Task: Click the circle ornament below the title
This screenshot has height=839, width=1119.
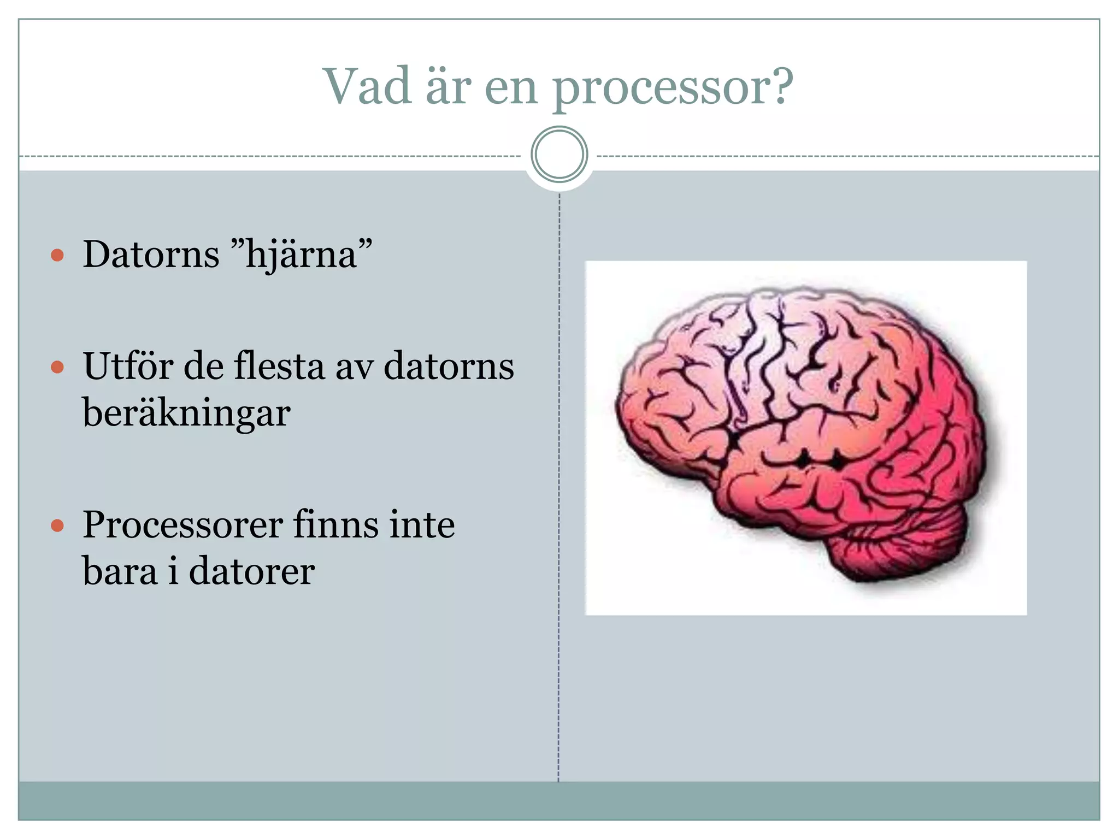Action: [x=559, y=155]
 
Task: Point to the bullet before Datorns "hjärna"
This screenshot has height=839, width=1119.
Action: [x=57, y=255]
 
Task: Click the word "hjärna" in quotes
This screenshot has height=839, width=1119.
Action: [x=302, y=255]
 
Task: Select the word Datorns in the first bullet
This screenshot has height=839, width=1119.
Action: [x=151, y=255]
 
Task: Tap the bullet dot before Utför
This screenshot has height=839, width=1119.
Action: [x=57, y=367]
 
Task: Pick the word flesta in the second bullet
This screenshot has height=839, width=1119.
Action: [x=279, y=366]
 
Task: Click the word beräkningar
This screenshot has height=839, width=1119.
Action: [x=186, y=413]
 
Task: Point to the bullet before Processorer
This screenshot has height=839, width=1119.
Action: [x=57, y=525]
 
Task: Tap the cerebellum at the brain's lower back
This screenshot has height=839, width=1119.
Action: [x=896, y=552]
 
